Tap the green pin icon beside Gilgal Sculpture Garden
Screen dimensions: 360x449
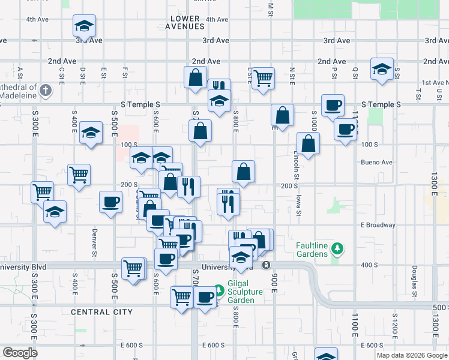point(220,291)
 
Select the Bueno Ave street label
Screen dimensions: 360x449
point(376,162)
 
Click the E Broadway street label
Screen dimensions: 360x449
point(378,225)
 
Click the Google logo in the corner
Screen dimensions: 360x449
point(20,353)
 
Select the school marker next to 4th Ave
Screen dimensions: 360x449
point(85,26)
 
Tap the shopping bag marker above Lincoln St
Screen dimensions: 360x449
point(308,144)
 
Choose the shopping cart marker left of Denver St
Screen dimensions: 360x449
point(79,175)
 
